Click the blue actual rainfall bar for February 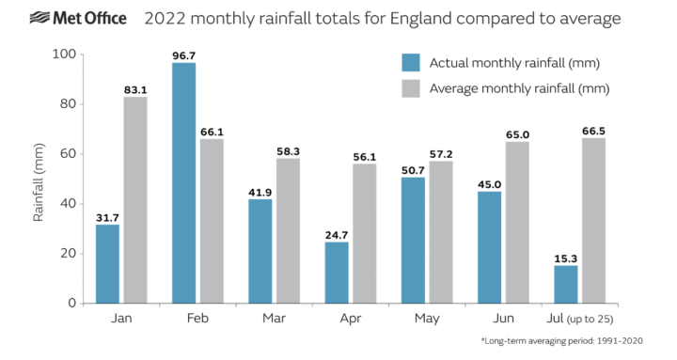[183, 183]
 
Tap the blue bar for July [566, 284]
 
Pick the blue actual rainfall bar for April [337, 273]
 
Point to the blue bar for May [413, 240]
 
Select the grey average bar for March [289, 230]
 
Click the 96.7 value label [183, 55]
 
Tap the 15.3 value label [566, 258]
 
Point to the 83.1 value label [136, 89]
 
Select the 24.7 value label [337, 234]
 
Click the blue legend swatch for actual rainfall [411, 63]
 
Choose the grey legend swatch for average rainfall [411, 88]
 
